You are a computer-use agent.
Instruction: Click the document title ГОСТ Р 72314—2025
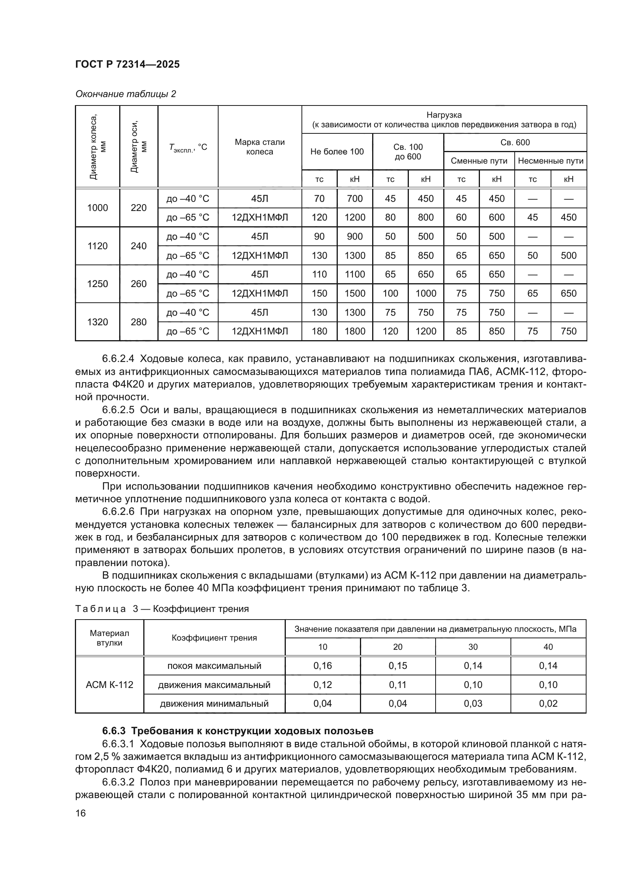pyautogui.click(x=127, y=65)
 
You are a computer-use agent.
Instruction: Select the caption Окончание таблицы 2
pyautogui.click(x=125, y=94)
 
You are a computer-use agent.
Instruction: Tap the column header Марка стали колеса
pyautogui.click(x=259, y=147)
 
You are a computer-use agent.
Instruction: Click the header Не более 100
pyautogui.click(x=337, y=151)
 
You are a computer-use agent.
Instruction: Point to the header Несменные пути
pyautogui.click(x=550, y=161)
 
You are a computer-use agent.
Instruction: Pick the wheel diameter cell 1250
pyautogui.click(x=97, y=284)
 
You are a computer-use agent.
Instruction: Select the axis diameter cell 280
pyautogui.click(x=139, y=322)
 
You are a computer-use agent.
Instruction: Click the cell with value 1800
pyautogui.click(x=355, y=331)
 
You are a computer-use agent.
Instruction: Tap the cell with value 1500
pyautogui.click(x=355, y=294)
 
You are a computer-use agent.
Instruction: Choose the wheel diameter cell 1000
pyautogui.click(x=97, y=208)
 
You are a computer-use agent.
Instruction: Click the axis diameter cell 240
pyautogui.click(x=139, y=246)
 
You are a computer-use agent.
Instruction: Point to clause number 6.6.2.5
pyautogui.click(x=118, y=410)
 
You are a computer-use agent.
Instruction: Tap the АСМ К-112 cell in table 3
pyautogui.click(x=109, y=685)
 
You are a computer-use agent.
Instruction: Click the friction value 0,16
pyautogui.click(x=322, y=665)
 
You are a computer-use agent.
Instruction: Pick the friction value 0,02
pyautogui.click(x=548, y=703)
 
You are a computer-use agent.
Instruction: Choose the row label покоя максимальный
pyautogui.click(x=214, y=665)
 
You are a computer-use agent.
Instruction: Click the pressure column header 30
pyautogui.click(x=472, y=647)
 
